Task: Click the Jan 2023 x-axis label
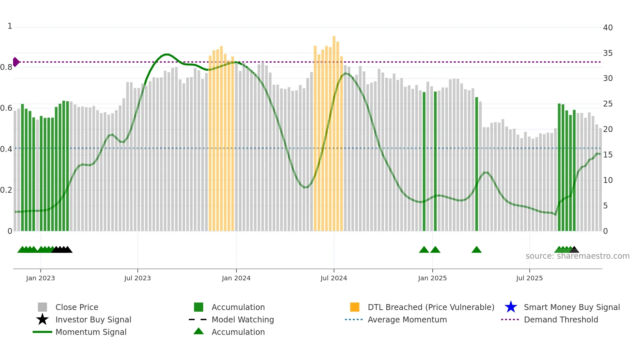(x=40, y=278)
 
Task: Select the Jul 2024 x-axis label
(x=334, y=278)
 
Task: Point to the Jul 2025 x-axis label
(x=529, y=278)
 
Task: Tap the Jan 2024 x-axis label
(x=236, y=278)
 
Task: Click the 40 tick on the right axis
(x=608, y=28)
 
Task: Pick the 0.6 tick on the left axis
(x=6, y=108)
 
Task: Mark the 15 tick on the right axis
(x=608, y=155)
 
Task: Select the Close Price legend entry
(x=77, y=307)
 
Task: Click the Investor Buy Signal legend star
(x=42, y=319)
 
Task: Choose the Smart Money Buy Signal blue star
(x=511, y=307)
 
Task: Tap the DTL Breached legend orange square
(x=355, y=307)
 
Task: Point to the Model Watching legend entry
(x=243, y=319)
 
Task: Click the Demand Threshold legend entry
(x=561, y=319)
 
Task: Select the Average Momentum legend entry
(x=407, y=319)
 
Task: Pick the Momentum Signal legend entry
(x=91, y=332)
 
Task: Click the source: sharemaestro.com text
(x=577, y=256)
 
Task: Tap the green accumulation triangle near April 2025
(x=476, y=250)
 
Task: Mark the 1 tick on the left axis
(x=10, y=26)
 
